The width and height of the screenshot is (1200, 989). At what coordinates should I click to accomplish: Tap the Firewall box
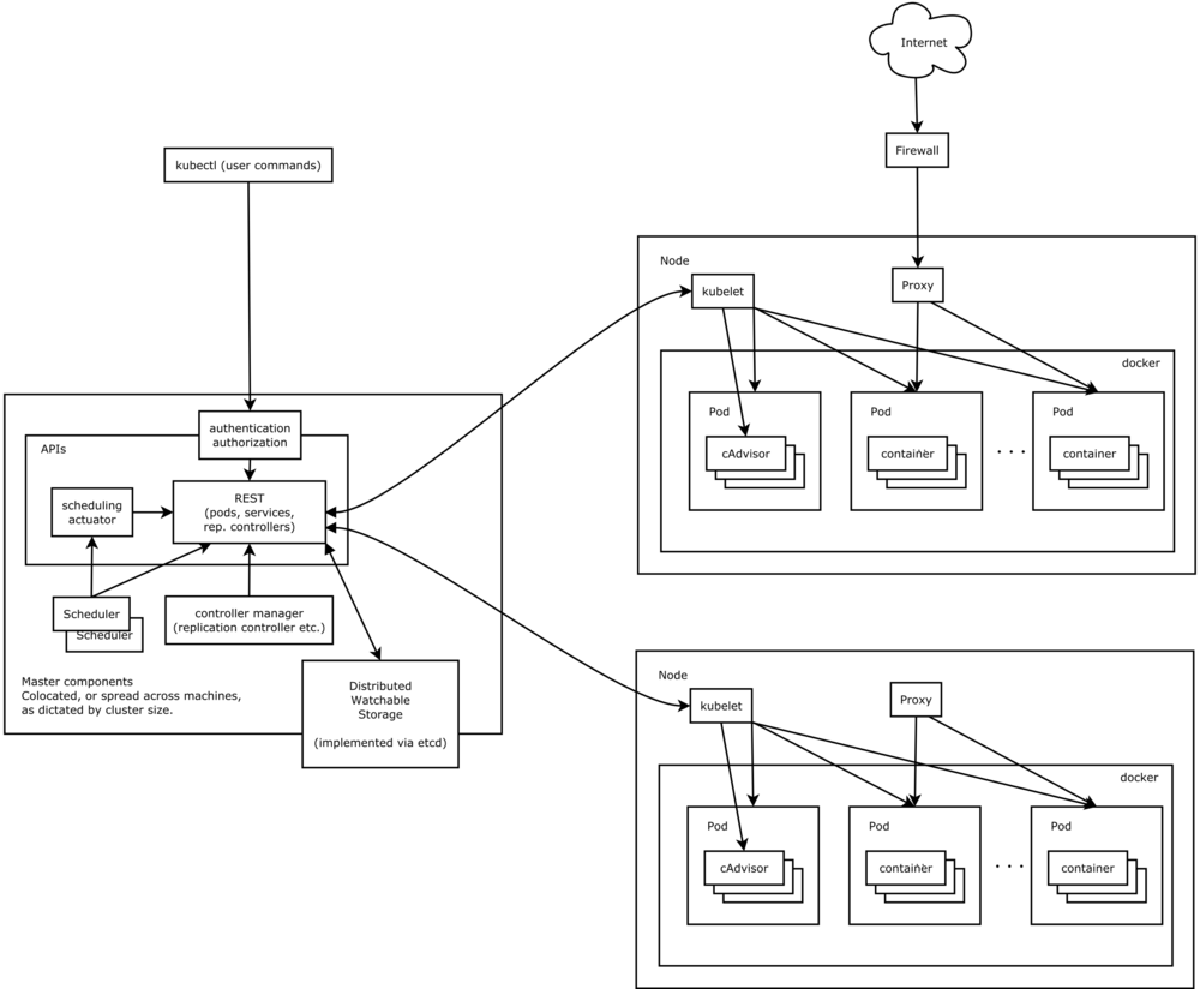pos(916,151)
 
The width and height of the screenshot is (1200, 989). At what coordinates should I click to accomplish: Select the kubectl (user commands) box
pos(247,165)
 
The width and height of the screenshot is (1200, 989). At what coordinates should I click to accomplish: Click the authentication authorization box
pos(249,434)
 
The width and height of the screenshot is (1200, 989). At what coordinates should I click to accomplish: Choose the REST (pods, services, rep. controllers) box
pos(249,511)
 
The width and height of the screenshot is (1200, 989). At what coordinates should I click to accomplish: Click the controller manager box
pos(249,620)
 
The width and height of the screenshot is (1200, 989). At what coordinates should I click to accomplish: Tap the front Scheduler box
pos(92,613)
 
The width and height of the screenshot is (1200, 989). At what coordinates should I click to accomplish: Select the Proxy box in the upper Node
pos(916,286)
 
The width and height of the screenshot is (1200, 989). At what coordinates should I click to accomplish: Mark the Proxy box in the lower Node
pos(915,700)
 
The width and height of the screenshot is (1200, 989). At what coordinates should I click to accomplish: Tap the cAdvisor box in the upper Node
pos(745,454)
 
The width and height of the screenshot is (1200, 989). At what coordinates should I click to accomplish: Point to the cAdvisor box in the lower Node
pos(743,868)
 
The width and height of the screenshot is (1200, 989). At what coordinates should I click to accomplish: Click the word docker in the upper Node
pos(1140,363)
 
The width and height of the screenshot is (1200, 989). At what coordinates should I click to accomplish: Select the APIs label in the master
pos(53,449)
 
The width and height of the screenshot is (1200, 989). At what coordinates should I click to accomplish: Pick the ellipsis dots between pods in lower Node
pos(1010,866)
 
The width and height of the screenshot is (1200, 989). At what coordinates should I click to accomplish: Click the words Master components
pos(77,681)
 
